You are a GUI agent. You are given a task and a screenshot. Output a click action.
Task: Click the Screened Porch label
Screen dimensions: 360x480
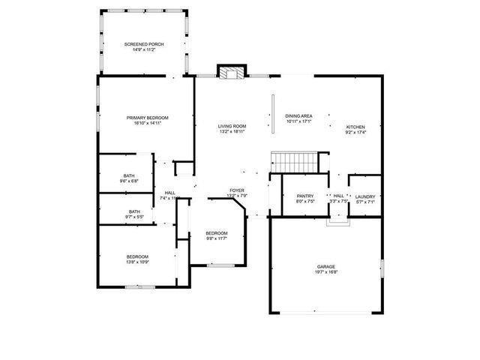pyautogui.click(x=144, y=44)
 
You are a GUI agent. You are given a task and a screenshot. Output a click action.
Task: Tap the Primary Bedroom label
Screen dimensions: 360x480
pyautogui.click(x=147, y=118)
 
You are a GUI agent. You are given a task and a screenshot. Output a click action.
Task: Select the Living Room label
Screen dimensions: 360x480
pyautogui.click(x=232, y=126)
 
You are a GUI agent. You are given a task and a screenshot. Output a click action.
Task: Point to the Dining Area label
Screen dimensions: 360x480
pyautogui.click(x=298, y=116)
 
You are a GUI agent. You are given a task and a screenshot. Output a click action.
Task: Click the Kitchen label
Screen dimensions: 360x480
pyautogui.click(x=355, y=127)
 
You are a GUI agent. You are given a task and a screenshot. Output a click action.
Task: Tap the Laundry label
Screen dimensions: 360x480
pyautogui.click(x=365, y=196)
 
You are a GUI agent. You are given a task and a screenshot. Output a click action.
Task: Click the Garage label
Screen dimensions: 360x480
pyautogui.click(x=325, y=267)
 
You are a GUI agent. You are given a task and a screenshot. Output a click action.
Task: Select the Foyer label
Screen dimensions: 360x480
pyautogui.click(x=237, y=190)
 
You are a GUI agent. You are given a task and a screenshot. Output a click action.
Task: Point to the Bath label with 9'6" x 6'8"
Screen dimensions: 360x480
pyautogui.click(x=129, y=175)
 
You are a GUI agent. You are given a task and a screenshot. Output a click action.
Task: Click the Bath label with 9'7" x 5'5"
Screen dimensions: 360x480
pyautogui.click(x=134, y=211)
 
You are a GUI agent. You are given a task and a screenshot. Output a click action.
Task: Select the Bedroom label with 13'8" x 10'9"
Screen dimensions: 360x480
pyautogui.click(x=137, y=256)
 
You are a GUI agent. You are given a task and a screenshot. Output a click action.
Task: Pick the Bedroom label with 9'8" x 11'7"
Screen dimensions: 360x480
pyautogui.click(x=217, y=233)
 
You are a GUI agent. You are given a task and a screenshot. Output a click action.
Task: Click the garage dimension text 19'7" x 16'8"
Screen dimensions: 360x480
pyautogui.click(x=325, y=272)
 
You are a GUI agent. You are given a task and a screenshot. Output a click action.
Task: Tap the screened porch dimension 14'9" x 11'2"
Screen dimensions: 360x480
pyautogui.click(x=144, y=49)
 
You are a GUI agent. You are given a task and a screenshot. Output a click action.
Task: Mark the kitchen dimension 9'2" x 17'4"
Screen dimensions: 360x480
pyautogui.click(x=355, y=133)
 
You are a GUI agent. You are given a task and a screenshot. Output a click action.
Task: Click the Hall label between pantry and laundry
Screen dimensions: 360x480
pyautogui.click(x=338, y=196)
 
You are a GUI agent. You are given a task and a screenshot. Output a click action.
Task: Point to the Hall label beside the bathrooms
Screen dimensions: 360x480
pyautogui.click(x=169, y=193)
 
